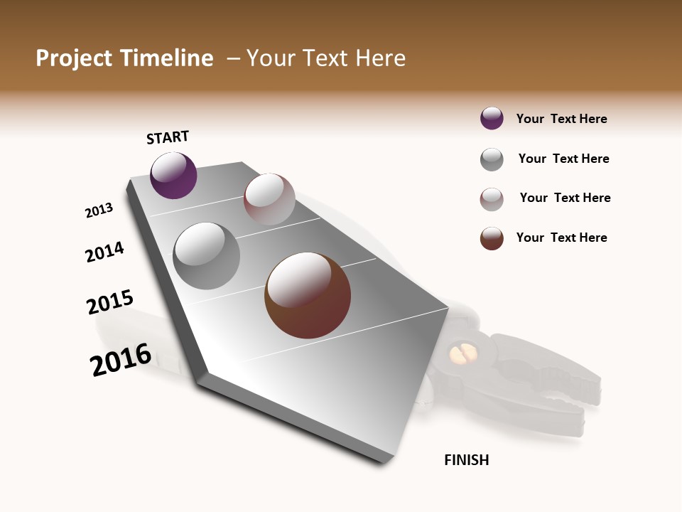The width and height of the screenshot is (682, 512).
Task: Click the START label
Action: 168,137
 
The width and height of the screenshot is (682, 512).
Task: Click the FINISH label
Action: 466,460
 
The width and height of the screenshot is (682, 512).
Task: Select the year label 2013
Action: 99,210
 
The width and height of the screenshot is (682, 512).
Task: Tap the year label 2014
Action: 104,252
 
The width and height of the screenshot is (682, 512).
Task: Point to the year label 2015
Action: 110,302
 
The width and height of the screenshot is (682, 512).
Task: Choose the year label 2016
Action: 121,360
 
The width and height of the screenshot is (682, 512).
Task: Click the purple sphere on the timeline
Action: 173,176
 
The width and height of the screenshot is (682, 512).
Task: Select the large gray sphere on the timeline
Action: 206,256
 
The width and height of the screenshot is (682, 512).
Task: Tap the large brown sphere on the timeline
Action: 308,295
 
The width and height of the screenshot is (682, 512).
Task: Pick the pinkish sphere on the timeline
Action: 269,199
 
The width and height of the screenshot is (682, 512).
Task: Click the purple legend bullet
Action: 492,119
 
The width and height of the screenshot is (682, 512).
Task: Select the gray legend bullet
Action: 492,159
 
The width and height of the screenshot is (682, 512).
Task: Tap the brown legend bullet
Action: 492,238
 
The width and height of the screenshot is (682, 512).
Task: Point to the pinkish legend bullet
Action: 492,199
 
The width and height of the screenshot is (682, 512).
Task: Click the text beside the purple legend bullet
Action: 561,119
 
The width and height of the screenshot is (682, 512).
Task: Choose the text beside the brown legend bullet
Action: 561,238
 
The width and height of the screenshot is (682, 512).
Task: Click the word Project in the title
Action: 74,58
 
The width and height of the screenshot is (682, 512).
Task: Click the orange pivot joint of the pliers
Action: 462,354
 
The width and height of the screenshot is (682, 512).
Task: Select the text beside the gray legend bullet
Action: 563,159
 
